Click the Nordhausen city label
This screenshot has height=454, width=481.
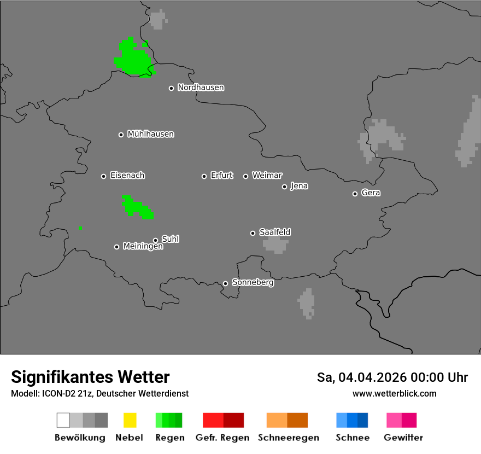201,88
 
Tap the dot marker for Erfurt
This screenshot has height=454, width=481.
204,176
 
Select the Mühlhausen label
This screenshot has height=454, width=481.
150,134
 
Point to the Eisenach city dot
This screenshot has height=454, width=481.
103,176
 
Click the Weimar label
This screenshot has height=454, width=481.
267,176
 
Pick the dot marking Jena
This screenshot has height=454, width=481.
284,187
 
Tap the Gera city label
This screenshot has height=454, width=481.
371,193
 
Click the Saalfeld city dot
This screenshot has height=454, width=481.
253,233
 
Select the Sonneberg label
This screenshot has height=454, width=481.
253,283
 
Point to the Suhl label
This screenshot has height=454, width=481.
170,239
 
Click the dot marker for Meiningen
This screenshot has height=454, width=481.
116,247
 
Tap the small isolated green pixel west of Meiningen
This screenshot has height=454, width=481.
80,228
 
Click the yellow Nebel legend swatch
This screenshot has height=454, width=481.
130,420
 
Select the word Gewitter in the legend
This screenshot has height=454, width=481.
403,438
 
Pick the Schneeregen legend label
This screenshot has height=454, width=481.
288,438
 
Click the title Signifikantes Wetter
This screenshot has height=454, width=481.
90,377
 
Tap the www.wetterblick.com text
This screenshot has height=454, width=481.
394,393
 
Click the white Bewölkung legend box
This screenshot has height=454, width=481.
63,420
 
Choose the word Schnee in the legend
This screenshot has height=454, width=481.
352,438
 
